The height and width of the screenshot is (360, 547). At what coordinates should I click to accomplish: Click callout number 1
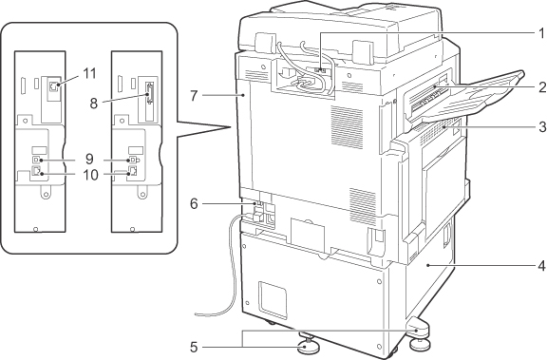pyautogui.click(x=541, y=33)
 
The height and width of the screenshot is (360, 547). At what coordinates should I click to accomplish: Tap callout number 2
pyautogui.click(x=541, y=86)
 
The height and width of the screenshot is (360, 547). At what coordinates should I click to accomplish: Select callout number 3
pyautogui.click(x=541, y=127)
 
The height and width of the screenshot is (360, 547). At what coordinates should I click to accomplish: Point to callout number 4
pyautogui.click(x=541, y=266)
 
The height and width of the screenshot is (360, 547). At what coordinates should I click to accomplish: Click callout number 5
pyautogui.click(x=194, y=347)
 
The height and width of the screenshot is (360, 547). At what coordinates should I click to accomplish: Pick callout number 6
pyautogui.click(x=194, y=203)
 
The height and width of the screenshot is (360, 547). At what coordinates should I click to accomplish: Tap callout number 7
pyautogui.click(x=194, y=95)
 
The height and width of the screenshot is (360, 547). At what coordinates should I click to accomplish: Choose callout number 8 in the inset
pyautogui.click(x=93, y=104)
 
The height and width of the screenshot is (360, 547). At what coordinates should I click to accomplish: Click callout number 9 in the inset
pyautogui.click(x=89, y=159)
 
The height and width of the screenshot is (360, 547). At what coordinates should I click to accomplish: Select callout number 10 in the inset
pyautogui.click(x=90, y=175)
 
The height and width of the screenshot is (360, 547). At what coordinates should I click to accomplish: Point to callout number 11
pyautogui.click(x=89, y=73)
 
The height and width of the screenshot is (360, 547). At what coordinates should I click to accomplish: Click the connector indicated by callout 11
pyautogui.click(x=53, y=85)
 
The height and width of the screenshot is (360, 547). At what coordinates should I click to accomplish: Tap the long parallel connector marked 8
pyautogui.click(x=150, y=93)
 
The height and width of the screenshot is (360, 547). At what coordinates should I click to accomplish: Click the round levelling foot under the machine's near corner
pyautogui.click(x=307, y=346)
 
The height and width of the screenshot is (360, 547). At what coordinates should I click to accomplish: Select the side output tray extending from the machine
pyautogui.click(x=471, y=97)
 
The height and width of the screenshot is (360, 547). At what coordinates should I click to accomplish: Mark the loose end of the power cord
pyautogui.click(x=197, y=314)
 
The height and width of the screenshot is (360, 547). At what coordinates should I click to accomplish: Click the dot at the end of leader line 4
pyautogui.click(x=427, y=266)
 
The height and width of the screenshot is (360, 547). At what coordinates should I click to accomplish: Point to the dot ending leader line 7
pyautogui.click(x=243, y=95)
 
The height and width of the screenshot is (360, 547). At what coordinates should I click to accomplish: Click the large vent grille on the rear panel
pyautogui.click(x=347, y=126)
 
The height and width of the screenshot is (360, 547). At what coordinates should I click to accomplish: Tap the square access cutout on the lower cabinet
pyautogui.click(x=273, y=299)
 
